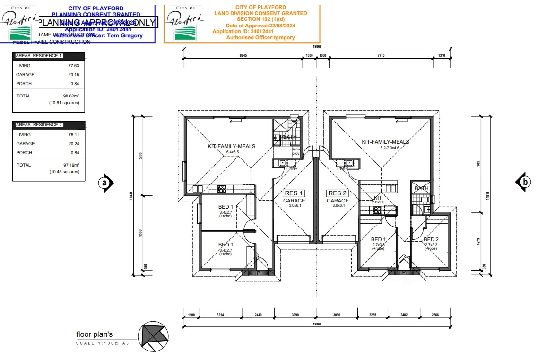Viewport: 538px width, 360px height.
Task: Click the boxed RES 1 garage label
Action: (x=294, y=193)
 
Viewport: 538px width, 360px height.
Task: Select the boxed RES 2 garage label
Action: (x=338, y=193)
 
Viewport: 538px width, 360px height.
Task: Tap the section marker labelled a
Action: (x=106, y=182)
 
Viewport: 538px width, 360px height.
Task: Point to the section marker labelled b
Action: (x=523, y=182)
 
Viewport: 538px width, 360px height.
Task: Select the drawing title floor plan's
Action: (x=95, y=334)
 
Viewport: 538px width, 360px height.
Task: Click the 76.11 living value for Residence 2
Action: (x=73, y=135)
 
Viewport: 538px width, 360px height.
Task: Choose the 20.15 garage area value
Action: (x=73, y=75)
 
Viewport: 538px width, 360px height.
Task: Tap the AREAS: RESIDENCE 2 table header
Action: (x=39, y=125)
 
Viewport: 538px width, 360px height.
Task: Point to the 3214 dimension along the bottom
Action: (x=220, y=315)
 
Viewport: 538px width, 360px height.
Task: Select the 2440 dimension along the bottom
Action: (x=258, y=315)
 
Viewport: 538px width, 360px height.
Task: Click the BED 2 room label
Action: (x=431, y=239)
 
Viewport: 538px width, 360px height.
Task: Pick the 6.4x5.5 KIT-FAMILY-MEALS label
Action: (x=231, y=152)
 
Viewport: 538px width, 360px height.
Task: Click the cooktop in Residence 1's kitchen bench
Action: (x=221, y=189)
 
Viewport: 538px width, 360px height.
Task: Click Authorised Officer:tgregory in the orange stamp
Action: (x=260, y=37)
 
